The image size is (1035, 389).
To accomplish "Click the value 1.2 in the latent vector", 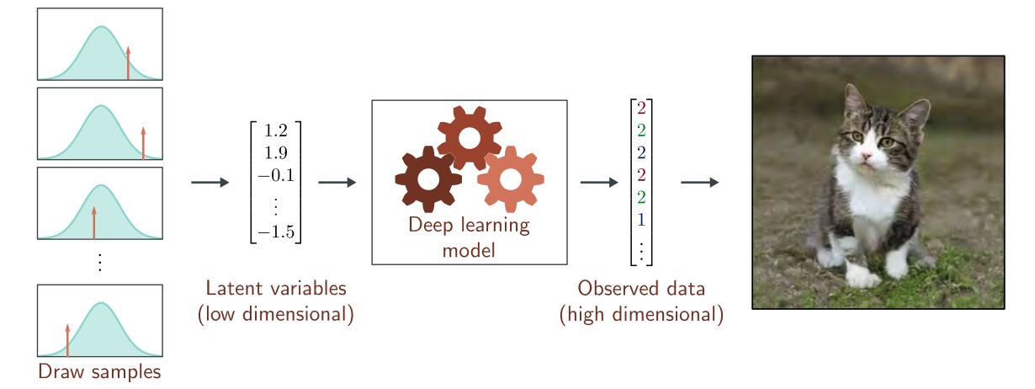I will point(275,131).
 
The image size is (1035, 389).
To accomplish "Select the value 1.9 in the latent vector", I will point(275,152).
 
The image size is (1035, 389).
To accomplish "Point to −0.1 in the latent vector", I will point(275,174).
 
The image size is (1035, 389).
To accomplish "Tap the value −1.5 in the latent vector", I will point(275,232).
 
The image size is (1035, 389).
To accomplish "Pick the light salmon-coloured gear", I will point(511,179).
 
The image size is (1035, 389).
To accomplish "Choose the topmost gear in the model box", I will point(470,136).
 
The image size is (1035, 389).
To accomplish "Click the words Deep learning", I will point(469,226).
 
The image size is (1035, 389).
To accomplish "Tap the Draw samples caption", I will point(99,372).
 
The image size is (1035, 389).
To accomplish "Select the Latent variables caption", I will point(276,288).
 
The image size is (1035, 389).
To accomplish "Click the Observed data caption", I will point(641,288).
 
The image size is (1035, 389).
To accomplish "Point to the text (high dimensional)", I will point(641,315).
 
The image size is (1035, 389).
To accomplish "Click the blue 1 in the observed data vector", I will point(641,220).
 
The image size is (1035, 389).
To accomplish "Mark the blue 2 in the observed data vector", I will point(641,152).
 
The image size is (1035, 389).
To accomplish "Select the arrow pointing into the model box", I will point(337,183).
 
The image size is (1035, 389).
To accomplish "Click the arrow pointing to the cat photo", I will point(699,183).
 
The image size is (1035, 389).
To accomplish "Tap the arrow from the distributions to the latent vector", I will point(210,183).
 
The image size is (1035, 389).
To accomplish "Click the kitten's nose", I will point(866,157).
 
